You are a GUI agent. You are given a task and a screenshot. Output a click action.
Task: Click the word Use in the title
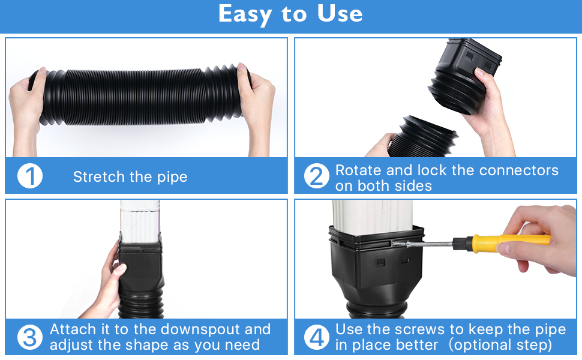click(339, 14)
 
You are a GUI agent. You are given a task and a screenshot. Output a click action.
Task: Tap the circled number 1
click(30, 176)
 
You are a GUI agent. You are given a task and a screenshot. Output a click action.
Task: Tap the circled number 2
click(316, 176)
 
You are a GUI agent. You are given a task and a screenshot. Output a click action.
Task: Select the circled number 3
click(30, 337)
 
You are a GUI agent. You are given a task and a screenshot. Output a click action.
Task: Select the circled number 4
click(316, 337)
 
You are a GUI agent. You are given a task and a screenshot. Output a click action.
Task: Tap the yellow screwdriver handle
click(510, 241)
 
